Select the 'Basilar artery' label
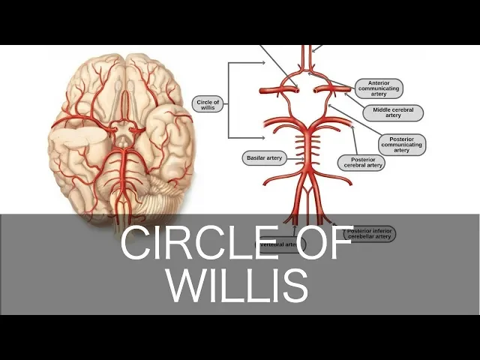tap(263, 158)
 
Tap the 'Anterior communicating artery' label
tap(379, 88)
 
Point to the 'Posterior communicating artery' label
tap(402, 144)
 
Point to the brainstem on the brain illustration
tap(119, 196)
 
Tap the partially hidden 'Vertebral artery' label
tap(278, 244)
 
